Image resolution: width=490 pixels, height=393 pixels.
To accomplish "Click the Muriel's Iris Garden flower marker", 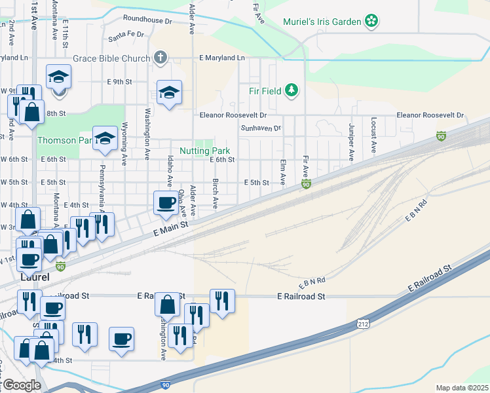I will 371,22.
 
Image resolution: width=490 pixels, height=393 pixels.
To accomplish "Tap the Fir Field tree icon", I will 292,90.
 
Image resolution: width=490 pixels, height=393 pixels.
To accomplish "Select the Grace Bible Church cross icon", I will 159,58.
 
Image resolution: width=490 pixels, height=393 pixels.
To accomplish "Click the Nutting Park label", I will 205,151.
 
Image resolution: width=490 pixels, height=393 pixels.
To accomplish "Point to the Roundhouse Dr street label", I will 147,20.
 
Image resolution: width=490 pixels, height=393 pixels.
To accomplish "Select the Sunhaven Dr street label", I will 261,128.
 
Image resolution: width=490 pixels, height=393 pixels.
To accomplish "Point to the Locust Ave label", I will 373,135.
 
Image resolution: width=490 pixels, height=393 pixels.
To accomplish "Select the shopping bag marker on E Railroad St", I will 167,303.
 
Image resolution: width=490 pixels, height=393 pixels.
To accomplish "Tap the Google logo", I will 21,385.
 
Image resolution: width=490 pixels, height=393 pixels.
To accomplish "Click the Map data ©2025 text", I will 461,388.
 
